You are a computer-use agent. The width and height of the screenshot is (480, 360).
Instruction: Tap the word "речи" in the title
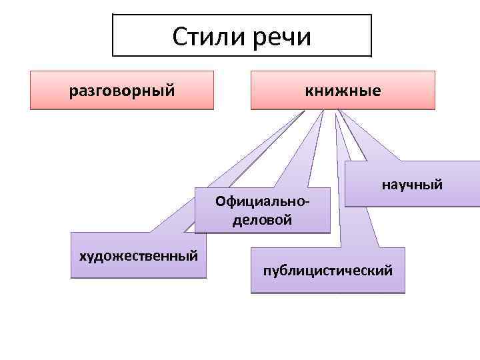[x=282, y=37]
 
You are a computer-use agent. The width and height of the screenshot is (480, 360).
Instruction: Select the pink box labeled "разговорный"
[x=121, y=90]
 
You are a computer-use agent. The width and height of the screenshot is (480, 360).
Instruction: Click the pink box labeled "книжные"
[x=343, y=90]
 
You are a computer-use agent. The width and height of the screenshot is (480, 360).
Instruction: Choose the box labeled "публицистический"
[x=327, y=270]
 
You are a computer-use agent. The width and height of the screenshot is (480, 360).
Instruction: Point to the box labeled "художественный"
[x=138, y=255]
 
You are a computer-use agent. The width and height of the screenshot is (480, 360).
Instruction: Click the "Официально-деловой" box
[x=262, y=210]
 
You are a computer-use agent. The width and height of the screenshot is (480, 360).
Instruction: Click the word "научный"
[x=411, y=185]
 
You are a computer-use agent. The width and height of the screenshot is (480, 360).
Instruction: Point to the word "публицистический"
[x=327, y=271]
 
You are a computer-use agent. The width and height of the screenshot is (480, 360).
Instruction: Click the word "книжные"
[x=343, y=90]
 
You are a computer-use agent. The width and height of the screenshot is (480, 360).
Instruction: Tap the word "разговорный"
[x=121, y=90]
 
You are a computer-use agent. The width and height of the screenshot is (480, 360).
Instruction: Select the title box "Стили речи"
[x=241, y=36]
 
